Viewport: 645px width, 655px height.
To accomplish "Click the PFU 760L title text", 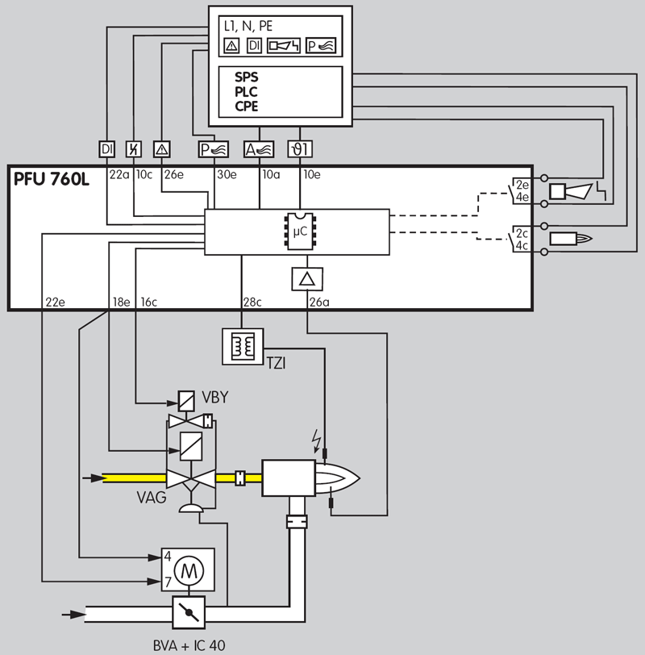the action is (x=52, y=179).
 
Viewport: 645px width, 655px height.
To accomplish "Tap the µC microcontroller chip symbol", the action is (x=300, y=232).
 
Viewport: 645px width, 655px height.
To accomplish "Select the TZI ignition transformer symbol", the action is (x=243, y=346).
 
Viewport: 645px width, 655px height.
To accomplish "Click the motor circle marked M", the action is (x=189, y=570).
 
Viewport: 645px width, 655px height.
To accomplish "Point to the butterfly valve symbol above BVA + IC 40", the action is (x=189, y=612).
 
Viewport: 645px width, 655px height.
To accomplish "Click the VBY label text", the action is (x=215, y=397).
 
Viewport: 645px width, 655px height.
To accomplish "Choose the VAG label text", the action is (x=152, y=498).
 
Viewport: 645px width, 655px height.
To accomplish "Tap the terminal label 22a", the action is (x=119, y=174).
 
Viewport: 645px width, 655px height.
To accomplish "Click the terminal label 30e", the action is (x=227, y=174).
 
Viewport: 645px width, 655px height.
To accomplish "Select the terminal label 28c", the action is (x=252, y=302).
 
